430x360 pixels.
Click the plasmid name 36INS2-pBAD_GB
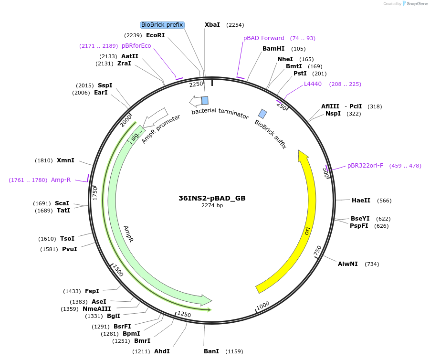[x=212, y=198]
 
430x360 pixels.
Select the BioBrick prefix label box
[x=162, y=25]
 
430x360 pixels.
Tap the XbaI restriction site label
[x=212, y=25]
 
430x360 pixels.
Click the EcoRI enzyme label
[x=155, y=35]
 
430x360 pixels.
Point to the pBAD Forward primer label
[x=264, y=38]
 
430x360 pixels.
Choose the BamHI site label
[x=273, y=49]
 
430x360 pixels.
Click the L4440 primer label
[x=313, y=84]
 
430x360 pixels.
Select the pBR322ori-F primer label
[x=365, y=166]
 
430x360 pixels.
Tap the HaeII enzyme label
[x=361, y=201]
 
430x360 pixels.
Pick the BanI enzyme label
[x=211, y=351]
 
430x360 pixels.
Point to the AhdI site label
[x=162, y=351]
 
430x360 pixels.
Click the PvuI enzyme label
[x=69, y=249]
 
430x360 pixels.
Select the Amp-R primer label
[x=61, y=180]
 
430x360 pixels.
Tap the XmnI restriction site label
[x=65, y=160]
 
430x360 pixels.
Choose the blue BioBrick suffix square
[x=262, y=114]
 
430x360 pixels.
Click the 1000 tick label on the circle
[x=263, y=305]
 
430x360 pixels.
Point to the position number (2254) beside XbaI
[x=235, y=25]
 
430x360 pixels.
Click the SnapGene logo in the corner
[x=415, y=4]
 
